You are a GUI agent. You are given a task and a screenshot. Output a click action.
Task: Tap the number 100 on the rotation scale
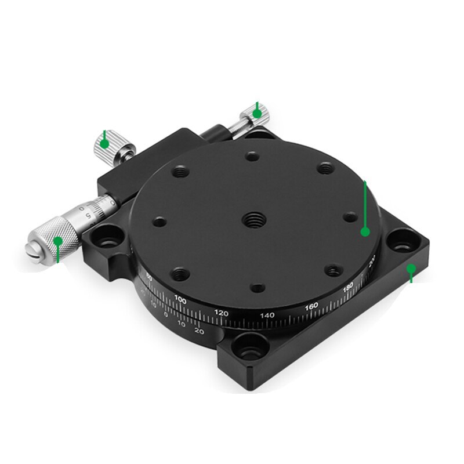point(180,300)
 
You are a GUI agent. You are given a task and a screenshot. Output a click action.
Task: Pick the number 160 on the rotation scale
point(311,306)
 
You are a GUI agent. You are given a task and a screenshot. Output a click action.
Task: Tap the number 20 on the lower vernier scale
point(198,331)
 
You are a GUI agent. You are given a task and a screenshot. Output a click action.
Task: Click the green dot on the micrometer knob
point(58,240)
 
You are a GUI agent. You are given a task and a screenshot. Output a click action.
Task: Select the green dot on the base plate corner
point(411,268)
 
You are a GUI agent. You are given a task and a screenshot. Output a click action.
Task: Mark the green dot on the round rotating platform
point(365,231)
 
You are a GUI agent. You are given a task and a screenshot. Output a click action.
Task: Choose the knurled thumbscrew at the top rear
point(255,114)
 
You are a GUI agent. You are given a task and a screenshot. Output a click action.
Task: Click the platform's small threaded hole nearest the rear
point(252,155)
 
